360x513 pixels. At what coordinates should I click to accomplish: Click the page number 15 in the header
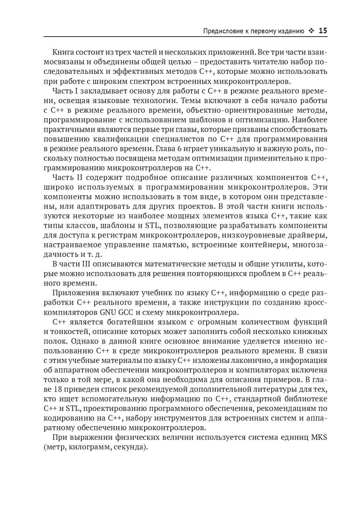[323, 31]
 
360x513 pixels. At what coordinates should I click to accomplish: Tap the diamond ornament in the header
[312, 31]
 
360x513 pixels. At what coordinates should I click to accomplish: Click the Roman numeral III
[84, 264]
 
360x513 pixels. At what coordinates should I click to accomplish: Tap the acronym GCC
[126, 312]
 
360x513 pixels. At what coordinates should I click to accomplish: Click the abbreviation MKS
[319, 438]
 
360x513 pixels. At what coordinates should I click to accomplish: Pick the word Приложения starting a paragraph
[76, 293]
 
